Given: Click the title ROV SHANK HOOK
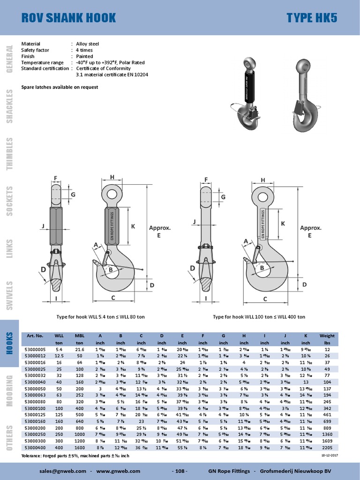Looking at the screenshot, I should click(x=68, y=18).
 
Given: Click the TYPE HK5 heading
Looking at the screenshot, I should click(x=311, y=18).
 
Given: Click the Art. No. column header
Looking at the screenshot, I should click(x=35, y=336).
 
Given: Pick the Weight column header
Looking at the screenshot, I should click(x=327, y=336).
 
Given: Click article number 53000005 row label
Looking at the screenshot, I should click(x=35, y=349).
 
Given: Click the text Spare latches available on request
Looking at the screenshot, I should click(x=60, y=87).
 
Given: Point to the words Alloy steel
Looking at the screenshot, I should click(x=88, y=44).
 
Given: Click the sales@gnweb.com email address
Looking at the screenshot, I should click(x=63, y=471).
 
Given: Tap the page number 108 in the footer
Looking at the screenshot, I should click(x=180, y=471).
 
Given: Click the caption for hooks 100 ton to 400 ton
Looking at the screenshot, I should click(x=259, y=317).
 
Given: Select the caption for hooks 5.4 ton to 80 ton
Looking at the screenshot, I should click(x=100, y=317).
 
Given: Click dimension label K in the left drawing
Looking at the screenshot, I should click(x=133, y=226).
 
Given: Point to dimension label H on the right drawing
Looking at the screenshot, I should click(x=263, y=180).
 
